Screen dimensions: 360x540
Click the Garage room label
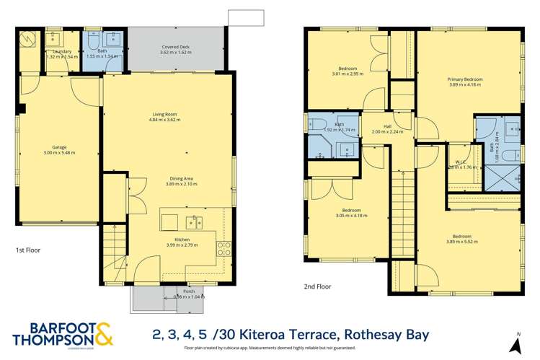point(59,149)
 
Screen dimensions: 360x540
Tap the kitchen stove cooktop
point(223,250)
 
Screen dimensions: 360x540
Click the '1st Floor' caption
point(28,250)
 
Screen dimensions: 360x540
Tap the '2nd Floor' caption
point(317,286)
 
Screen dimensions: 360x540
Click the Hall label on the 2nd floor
point(387,126)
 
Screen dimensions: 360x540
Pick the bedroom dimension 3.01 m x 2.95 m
point(348,74)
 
